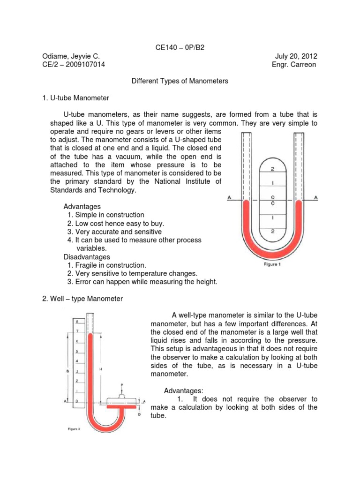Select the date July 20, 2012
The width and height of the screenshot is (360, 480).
pyautogui.click(x=296, y=56)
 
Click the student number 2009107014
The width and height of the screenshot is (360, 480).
pyautogui.click(x=83, y=65)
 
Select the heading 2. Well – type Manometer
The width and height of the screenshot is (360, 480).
pyautogui.click(x=82, y=299)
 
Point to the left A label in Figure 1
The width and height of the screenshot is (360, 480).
pyautogui.click(x=229, y=198)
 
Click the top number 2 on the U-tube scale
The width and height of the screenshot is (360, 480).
pyautogui.click(x=272, y=169)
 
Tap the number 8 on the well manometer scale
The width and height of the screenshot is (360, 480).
pyautogui.click(x=77, y=322)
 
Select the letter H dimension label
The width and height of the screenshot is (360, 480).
pyautogui.click(x=101, y=369)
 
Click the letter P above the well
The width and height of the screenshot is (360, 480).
pyautogui.click(x=121, y=384)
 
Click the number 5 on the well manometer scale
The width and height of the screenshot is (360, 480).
pyautogui.click(x=77, y=351)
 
